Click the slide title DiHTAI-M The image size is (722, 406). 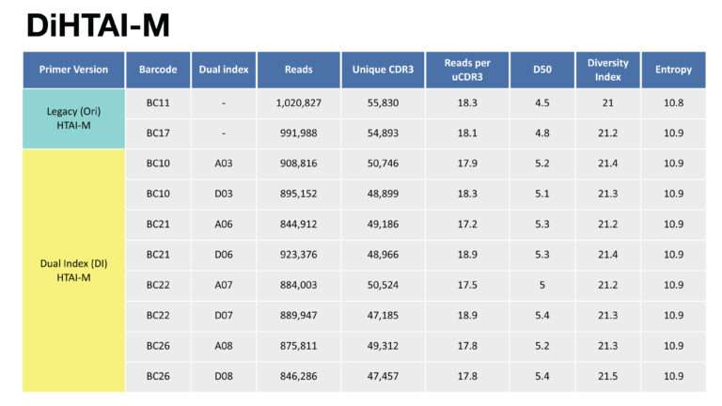98,24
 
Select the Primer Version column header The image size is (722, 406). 73,70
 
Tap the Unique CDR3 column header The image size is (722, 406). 383,70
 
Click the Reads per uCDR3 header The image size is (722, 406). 467,70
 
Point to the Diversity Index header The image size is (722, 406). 607,70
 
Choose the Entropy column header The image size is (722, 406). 673,70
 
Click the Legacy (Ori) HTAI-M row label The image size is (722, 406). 73,118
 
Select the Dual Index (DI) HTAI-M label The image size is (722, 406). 73,271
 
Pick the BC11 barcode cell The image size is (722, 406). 158,102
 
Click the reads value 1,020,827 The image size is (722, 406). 298,102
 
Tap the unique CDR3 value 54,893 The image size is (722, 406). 383,133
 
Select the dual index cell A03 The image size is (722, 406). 224,164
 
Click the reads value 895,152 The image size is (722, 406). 298,194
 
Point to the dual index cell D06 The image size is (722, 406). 224,255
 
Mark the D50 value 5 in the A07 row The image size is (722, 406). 541,285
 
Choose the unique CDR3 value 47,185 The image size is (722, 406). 383,316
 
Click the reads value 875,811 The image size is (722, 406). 298,346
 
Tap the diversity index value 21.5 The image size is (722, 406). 607,376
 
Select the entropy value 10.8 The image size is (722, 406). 673,102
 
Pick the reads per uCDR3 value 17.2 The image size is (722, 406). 467,225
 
